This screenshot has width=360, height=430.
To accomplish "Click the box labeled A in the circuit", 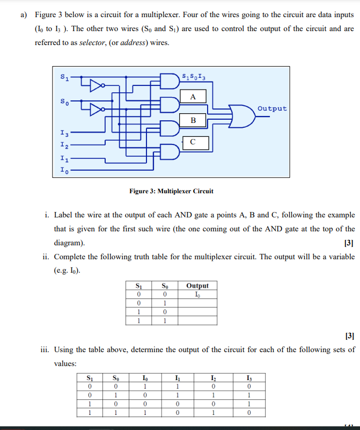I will point(193,97).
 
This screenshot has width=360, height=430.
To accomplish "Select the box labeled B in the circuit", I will point(193,120).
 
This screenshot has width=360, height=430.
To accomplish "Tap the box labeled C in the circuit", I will point(193,142).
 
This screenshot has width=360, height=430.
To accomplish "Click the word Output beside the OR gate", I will point(272,108).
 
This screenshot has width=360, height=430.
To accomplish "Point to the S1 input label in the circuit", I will point(64,78).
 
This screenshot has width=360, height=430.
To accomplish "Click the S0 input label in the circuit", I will point(64,101).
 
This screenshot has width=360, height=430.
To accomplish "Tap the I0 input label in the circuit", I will point(64,171).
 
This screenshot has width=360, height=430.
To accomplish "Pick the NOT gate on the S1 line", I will point(95,85).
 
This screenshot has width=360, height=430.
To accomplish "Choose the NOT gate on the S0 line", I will point(95,110).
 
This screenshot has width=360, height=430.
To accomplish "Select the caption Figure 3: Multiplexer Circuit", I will point(171,191).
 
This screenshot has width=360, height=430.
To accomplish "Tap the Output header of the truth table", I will point(197,286).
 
